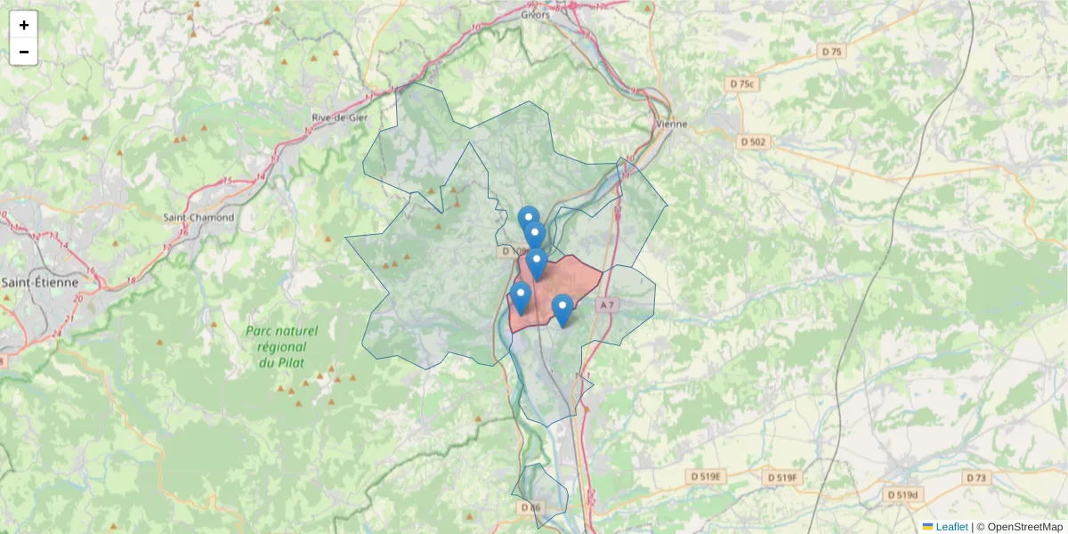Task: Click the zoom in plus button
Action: tap(24, 25)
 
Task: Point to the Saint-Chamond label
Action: tap(198, 217)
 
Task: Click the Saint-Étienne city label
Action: tap(39, 282)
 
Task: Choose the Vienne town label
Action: tap(671, 124)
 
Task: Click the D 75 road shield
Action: tap(831, 53)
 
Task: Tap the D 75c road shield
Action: tap(741, 85)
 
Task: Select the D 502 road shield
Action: tap(752, 142)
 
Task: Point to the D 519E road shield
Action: tap(708, 477)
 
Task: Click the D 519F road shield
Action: tap(783, 478)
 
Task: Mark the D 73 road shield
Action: tap(976, 478)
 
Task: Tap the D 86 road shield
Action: tap(530, 507)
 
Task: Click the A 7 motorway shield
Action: tap(607, 305)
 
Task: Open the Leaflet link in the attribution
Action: tap(951, 527)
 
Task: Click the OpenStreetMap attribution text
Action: tap(1024, 527)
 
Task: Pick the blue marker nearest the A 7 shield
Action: tap(562, 310)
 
